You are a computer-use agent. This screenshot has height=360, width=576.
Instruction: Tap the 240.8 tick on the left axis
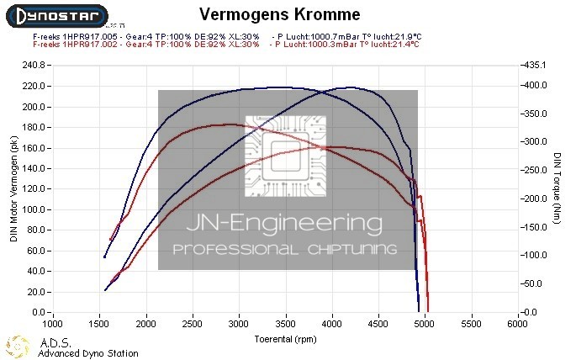click(34, 66)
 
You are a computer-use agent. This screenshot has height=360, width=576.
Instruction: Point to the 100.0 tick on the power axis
click(34, 209)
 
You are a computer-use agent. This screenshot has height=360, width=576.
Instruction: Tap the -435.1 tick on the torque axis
click(536, 66)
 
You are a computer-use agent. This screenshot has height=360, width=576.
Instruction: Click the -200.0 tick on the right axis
click(536, 199)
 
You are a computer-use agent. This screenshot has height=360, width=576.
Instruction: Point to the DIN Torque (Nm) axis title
click(558, 188)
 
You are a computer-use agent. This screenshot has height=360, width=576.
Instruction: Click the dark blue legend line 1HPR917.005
click(146, 37)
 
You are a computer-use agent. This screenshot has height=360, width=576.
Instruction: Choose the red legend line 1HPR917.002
click(146, 45)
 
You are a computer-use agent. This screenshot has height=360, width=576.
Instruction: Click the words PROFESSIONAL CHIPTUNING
click(284, 250)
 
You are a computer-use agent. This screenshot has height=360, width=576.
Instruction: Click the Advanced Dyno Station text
click(88, 354)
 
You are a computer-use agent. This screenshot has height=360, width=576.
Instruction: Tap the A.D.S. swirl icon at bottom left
click(18, 346)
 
